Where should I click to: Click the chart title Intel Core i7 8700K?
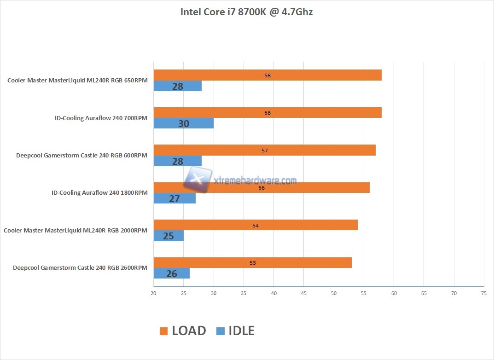[x=246, y=12]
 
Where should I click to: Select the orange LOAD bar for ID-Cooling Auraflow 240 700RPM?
[x=267, y=113]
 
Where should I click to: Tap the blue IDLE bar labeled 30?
[x=183, y=124]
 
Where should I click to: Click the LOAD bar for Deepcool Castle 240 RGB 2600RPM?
[x=252, y=263]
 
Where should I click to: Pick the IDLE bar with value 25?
[x=169, y=236]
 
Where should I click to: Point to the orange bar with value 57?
[x=264, y=151]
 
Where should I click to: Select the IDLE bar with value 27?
[x=174, y=198]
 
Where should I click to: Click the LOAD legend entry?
[x=183, y=331]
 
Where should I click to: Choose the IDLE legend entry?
[x=235, y=331]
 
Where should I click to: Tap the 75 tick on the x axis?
[x=483, y=293]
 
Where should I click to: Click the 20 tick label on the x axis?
[x=153, y=293]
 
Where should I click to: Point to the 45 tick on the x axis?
[x=303, y=293]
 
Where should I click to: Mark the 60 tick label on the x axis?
[x=394, y=293]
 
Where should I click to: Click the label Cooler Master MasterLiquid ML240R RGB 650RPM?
[x=77, y=81]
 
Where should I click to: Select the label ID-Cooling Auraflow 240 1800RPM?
[x=99, y=193]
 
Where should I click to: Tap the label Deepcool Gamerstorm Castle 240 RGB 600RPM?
[x=81, y=156]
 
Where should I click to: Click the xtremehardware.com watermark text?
[x=256, y=181]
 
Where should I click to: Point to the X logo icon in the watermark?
[x=198, y=179]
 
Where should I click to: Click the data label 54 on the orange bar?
[x=256, y=226]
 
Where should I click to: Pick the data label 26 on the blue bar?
[x=171, y=274]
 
